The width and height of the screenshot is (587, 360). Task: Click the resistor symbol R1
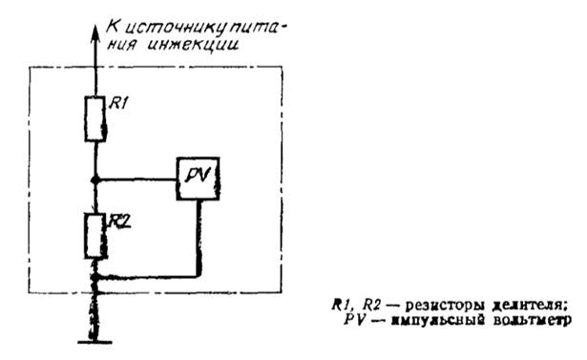tap(94, 118)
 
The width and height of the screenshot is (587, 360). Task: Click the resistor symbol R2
tap(94, 235)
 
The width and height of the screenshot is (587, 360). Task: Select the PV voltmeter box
tap(198, 177)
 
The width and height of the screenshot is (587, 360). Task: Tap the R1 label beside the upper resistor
tap(115, 105)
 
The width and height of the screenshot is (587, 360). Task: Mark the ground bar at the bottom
tap(94, 341)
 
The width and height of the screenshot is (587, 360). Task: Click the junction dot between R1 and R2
tap(94, 179)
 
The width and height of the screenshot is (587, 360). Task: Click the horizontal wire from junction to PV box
tap(136, 179)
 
